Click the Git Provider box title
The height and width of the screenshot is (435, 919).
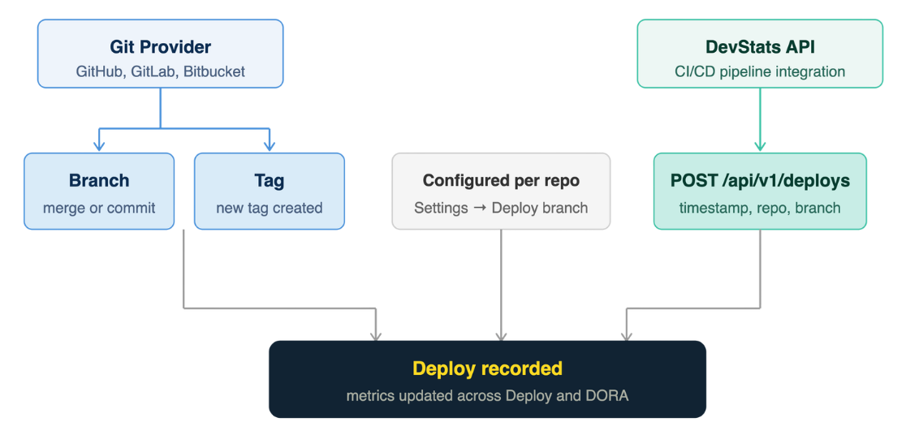pos(161,47)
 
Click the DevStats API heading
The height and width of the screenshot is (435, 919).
pos(760,47)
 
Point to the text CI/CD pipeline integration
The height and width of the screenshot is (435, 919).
pos(760,71)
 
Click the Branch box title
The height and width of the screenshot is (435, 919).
pos(99,180)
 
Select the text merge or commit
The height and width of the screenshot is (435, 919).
pos(99,208)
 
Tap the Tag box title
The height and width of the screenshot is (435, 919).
pos(269,180)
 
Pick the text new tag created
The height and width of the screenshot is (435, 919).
pos(269,208)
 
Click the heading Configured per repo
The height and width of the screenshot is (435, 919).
pos(501,180)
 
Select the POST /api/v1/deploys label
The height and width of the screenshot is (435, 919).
pos(760,180)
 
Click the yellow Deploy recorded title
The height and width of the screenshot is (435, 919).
pos(487,368)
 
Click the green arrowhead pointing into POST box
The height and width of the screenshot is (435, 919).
pos(760,146)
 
